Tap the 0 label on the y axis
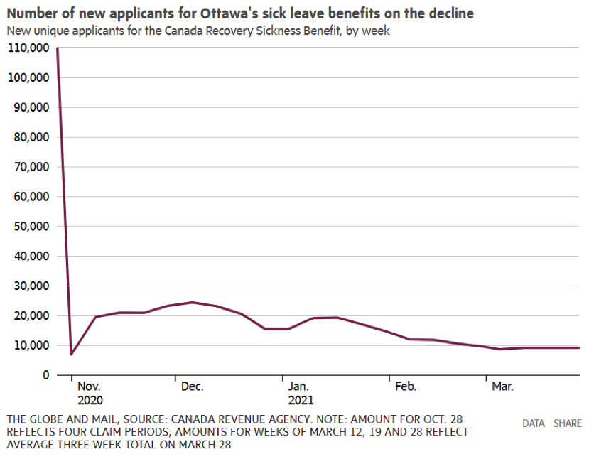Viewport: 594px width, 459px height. coord(44,374)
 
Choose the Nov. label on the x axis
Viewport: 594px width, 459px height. coord(89,387)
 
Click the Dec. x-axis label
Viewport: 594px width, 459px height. coord(192,387)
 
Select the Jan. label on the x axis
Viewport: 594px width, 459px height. coord(298,387)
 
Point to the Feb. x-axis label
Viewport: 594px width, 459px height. coord(405,387)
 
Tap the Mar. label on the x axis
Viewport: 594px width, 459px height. coord(502,387)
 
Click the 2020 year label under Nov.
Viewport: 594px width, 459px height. coord(90,399)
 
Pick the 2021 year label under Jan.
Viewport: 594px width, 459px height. coord(301,399)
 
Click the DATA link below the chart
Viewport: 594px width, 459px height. coord(534,423)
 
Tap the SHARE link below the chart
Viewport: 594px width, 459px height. coord(568,423)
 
